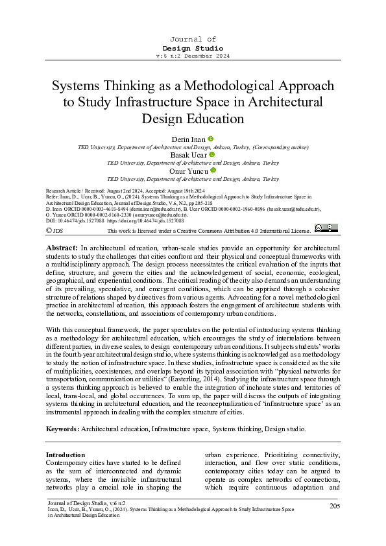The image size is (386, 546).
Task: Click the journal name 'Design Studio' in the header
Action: (193, 48)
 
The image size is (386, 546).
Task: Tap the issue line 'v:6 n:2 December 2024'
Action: (193, 56)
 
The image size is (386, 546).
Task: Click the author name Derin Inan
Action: (189, 139)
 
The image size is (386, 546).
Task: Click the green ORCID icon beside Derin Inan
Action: (211, 139)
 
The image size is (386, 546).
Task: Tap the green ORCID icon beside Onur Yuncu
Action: (213, 170)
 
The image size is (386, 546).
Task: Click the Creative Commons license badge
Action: (325, 228)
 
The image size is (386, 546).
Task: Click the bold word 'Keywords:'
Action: (62, 429)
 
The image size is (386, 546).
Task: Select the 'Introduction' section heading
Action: (66, 455)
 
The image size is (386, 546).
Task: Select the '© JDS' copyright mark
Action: (54, 230)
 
